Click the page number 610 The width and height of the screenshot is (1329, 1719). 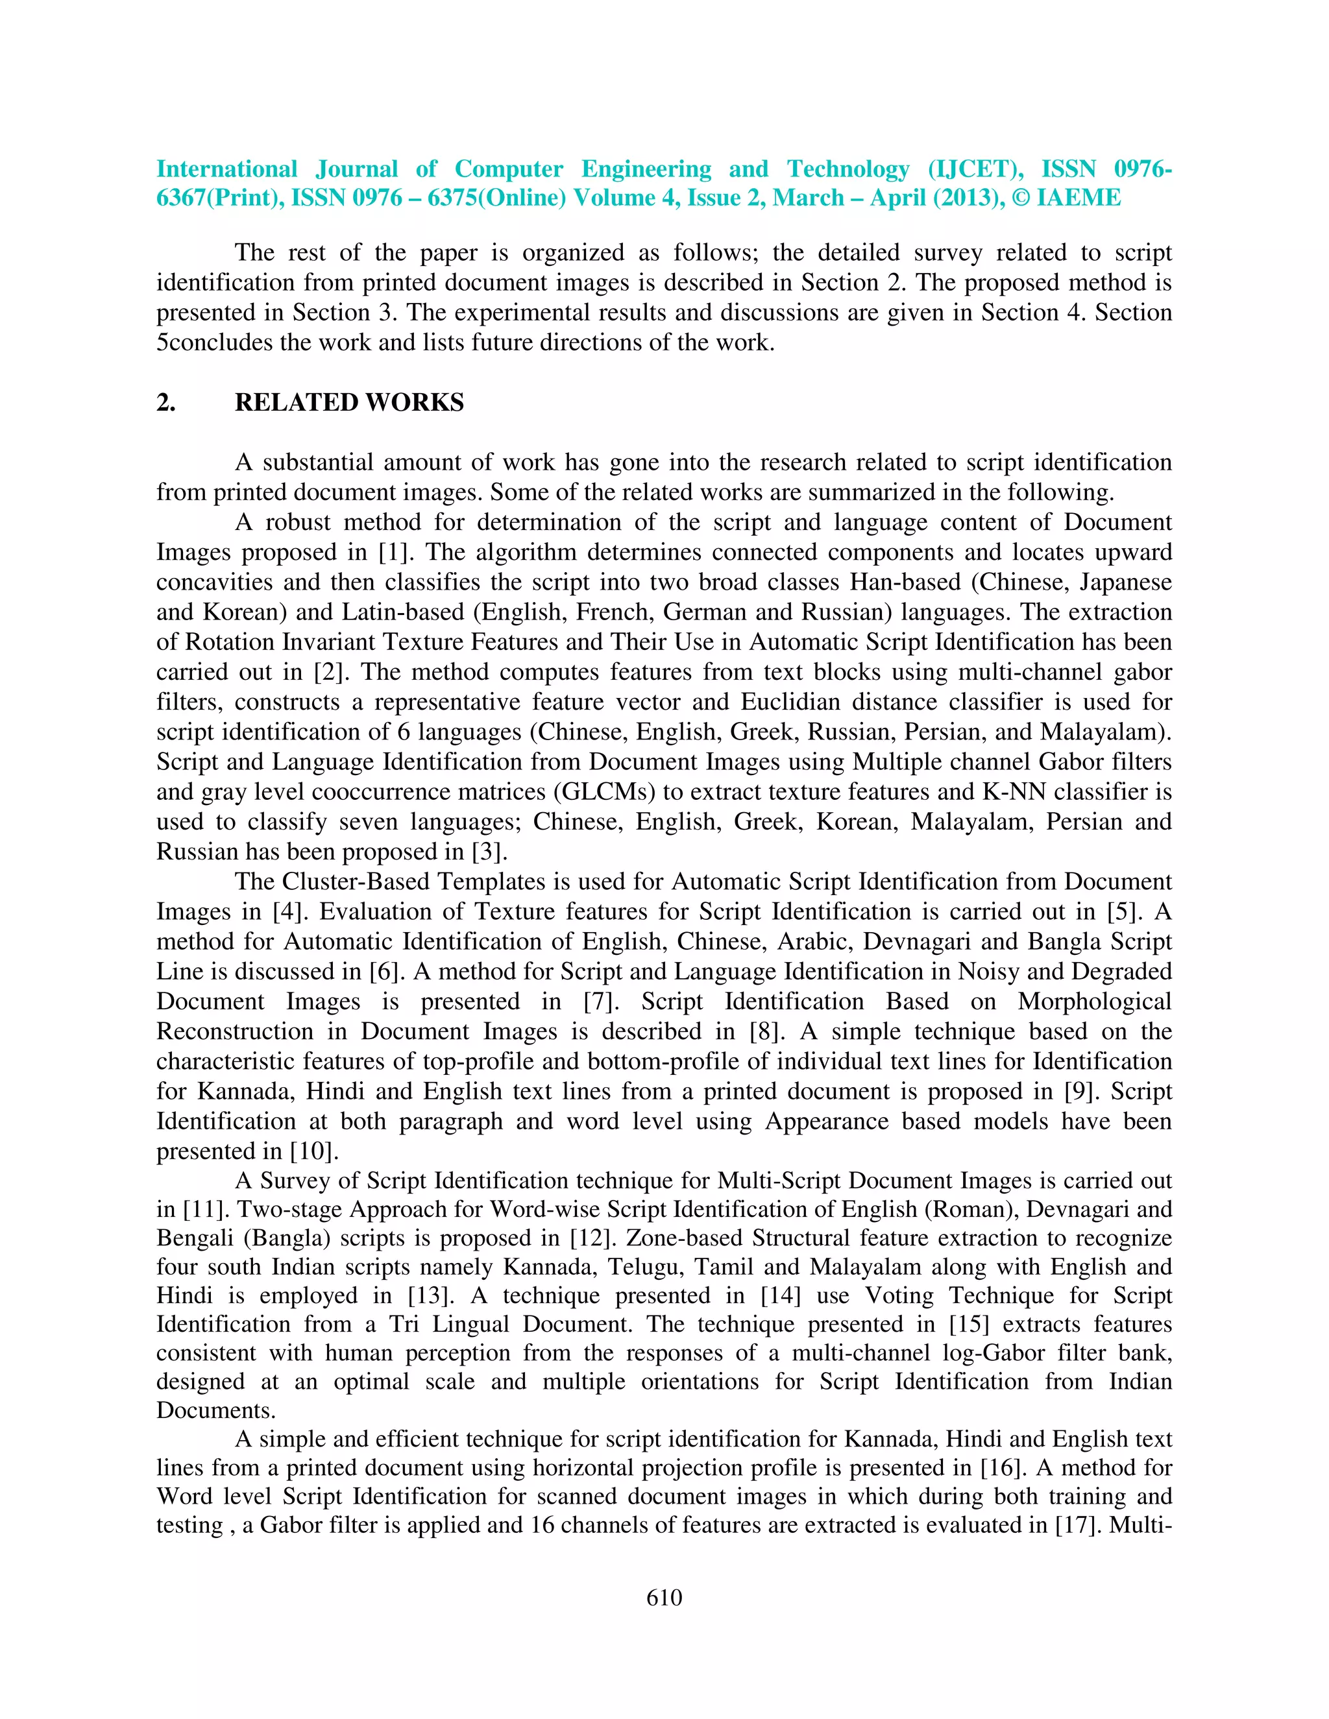(x=664, y=1597)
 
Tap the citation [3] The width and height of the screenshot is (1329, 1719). (x=489, y=852)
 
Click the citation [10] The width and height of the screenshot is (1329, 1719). (x=313, y=1151)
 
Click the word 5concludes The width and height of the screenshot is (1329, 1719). (x=214, y=343)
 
